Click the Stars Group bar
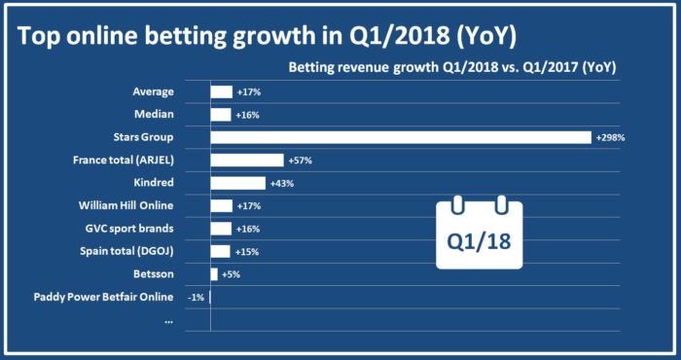401,137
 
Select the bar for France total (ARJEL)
247,160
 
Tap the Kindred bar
238,183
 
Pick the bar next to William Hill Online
222,205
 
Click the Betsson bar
214,274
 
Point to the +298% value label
610,137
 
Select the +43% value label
280,183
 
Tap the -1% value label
197,297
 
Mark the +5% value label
231,274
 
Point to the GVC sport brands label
129,229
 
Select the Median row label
154,114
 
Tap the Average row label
153,91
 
